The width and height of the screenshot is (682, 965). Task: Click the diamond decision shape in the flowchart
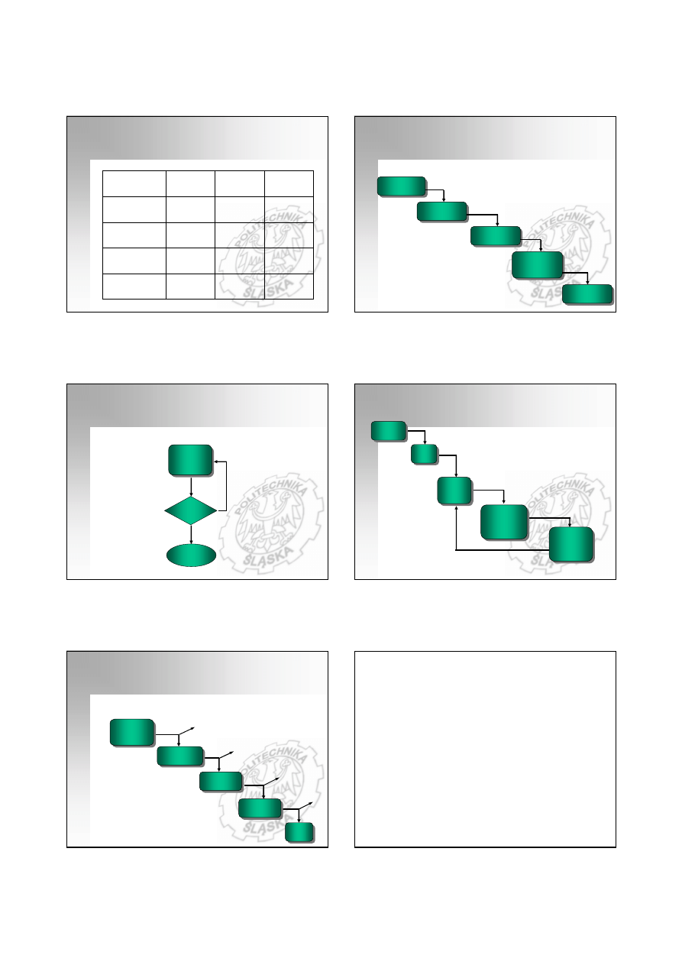point(191,510)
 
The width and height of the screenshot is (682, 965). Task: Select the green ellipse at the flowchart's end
point(191,555)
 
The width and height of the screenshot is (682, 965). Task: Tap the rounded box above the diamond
point(190,460)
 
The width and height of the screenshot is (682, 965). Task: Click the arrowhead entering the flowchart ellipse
point(191,542)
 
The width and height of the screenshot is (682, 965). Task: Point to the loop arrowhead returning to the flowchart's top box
point(215,461)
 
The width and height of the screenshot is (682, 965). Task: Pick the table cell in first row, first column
point(134,184)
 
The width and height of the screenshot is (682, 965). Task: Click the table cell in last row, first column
point(134,286)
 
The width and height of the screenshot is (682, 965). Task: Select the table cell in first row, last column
point(289,184)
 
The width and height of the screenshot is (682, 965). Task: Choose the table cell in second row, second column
point(190,210)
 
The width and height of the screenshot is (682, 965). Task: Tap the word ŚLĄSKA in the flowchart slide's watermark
point(268,556)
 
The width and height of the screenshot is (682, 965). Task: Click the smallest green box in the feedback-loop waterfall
point(424,454)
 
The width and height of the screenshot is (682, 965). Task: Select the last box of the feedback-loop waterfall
point(571,544)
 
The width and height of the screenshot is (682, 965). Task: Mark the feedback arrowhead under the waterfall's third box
point(456,508)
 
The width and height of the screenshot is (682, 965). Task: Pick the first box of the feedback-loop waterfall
point(389,431)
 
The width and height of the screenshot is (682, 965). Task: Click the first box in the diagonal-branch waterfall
point(132,732)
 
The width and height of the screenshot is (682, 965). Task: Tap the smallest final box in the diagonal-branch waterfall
point(299,832)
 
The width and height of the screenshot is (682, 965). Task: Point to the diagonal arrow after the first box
point(186,731)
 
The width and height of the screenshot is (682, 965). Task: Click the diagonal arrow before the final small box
point(305,806)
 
